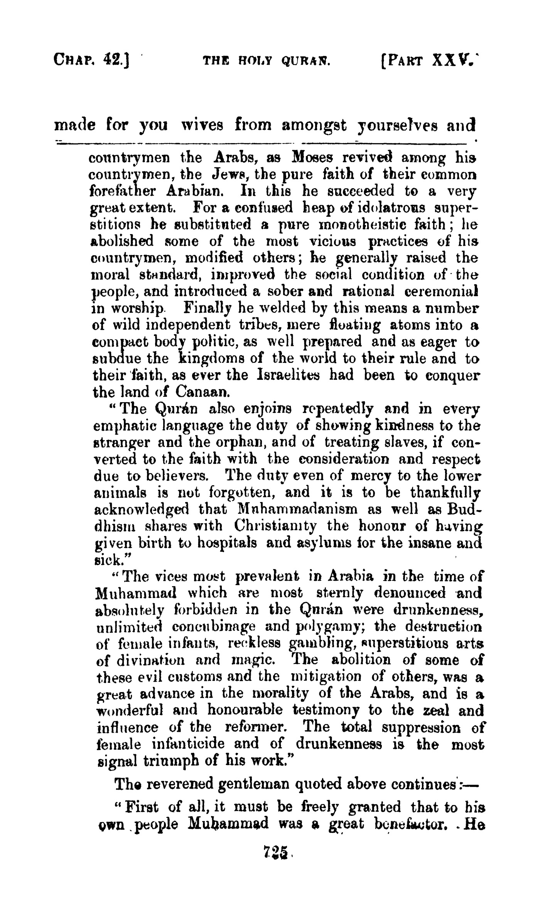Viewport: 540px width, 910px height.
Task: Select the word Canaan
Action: point(203,392)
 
